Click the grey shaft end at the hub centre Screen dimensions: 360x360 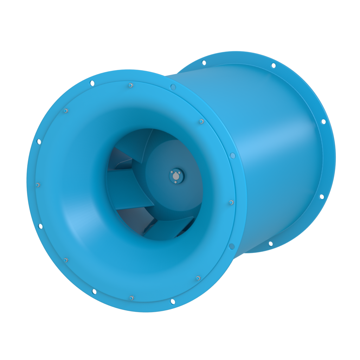point(176,176)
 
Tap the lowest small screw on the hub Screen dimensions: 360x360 point(175,182)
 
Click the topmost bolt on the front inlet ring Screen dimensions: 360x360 point(130,85)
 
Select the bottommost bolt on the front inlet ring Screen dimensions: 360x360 point(131,298)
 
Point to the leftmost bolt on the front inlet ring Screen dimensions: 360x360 point(38,185)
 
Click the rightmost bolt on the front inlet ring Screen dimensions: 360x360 point(231,202)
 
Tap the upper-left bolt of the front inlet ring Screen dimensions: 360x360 point(66,111)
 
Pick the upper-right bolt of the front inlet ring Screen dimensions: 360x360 point(201,122)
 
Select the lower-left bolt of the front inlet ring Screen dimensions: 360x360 point(66,260)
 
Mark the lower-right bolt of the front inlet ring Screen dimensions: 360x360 point(198,278)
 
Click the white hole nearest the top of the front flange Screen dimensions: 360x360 point(92,83)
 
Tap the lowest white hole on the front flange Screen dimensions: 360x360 point(173,302)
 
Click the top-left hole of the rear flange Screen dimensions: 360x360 point(204,63)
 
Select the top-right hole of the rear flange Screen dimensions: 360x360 point(273,65)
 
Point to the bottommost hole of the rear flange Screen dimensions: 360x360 point(271,244)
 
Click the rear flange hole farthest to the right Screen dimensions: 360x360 point(323,122)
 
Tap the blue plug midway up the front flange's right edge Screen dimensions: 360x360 point(232,155)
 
